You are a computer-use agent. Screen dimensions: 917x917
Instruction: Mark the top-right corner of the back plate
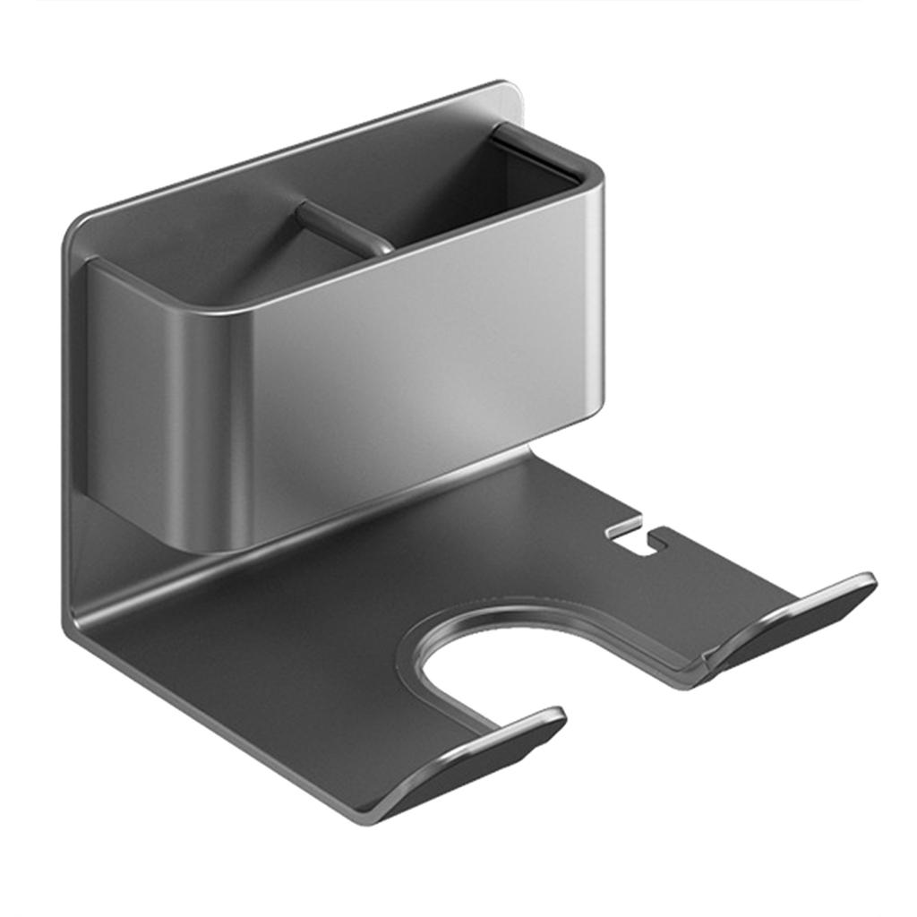(x=510, y=88)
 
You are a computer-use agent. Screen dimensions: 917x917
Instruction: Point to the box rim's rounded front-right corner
(x=591, y=175)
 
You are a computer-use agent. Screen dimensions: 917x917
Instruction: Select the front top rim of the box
(x=403, y=255)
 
